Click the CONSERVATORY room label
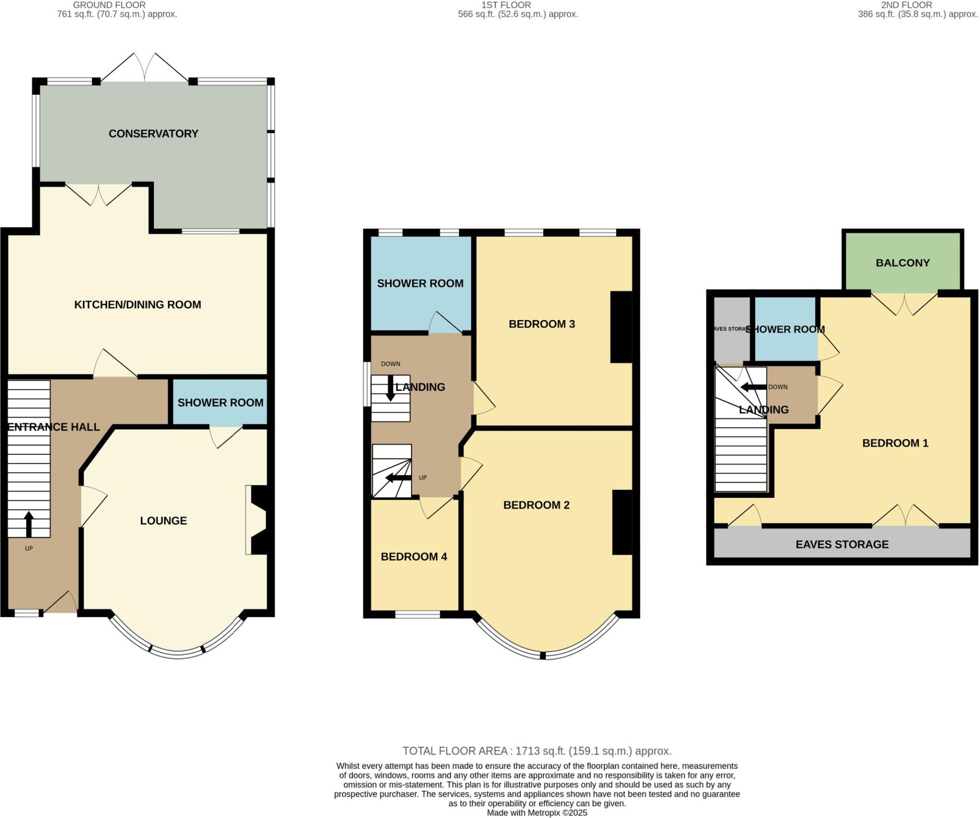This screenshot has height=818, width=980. point(153,134)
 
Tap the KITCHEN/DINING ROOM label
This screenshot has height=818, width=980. point(137,305)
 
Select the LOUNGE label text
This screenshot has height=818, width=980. point(163,521)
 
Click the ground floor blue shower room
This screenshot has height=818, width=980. point(220,402)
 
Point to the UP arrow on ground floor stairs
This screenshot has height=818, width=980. point(29,524)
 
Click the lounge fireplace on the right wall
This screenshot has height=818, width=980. point(258,520)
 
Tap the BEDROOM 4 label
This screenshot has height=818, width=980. point(413,557)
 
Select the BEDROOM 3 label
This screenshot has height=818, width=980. point(541,324)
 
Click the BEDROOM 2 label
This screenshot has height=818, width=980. point(536,505)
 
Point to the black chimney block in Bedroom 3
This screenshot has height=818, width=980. point(621,327)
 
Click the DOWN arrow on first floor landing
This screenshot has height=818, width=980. point(390,388)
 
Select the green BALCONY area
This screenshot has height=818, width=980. point(902,263)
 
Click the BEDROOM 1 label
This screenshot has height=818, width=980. point(895,443)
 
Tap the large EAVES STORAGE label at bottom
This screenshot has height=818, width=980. point(842,544)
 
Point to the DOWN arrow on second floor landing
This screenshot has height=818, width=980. point(753,387)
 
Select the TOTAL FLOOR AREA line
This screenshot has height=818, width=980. point(537,751)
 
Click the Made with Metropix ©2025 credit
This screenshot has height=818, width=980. point(537,813)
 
